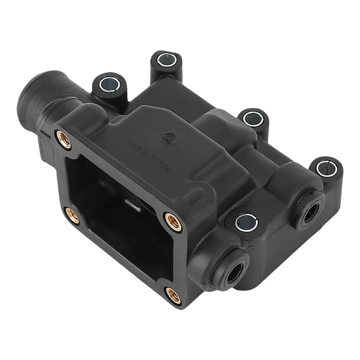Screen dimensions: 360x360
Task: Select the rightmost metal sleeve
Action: (x=325, y=168)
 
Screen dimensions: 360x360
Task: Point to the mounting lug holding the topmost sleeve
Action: (x=165, y=67)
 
